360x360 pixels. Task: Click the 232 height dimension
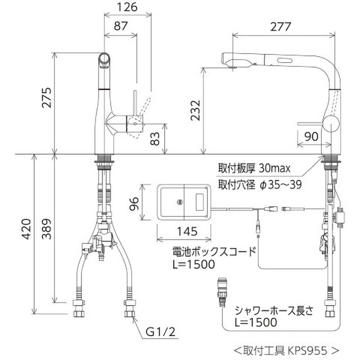(194, 111)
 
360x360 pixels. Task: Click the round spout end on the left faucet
(104, 59)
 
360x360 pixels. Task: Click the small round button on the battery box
(180, 202)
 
